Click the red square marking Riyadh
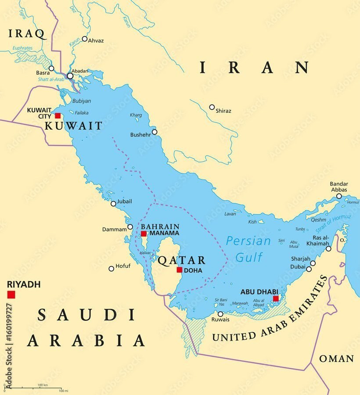click(x=11, y=294)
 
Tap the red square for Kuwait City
click(x=58, y=115)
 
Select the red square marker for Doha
click(x=179, y=270)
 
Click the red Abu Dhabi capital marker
click(x=276, y=298)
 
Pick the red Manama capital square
click(x=144, y=233)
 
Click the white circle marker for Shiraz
click(x=212, y=107)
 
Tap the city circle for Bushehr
click(x=155, y=132)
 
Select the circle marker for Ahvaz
click(x=84, y=39)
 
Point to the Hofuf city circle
click(x=112, y=269)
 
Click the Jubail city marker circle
click(x=113, y=204)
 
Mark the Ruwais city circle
click(x=220, y=314)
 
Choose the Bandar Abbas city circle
click(x=339, y=196)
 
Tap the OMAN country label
click(x=336, y=359)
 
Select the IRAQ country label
click(x=27, y=34)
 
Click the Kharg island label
click(x=136, y=115)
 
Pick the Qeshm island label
click(x=319, y=220)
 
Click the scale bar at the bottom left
click(x=35, y=388)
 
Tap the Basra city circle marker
click(x=51, y=68)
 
